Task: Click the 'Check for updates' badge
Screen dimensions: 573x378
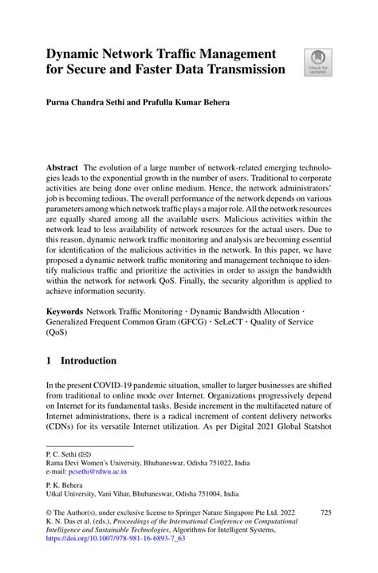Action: pos(317,62)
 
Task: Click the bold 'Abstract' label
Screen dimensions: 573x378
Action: pos(61,168)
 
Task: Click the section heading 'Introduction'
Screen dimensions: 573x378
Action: pos(90,361)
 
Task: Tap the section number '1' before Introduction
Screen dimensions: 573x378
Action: pos(49,361)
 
